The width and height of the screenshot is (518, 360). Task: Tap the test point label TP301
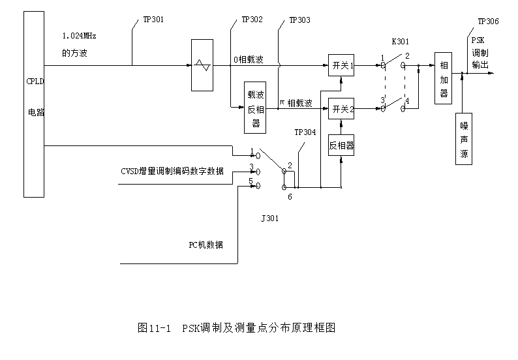[153, 20]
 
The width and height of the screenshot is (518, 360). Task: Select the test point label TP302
[252, 20]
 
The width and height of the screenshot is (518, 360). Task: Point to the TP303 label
[299, 20]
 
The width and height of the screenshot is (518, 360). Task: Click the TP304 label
[305, 132]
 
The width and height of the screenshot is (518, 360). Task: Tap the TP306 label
[488, 22]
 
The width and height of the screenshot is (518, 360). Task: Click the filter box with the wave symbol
[202, 65]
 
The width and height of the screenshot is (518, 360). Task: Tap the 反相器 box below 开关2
[341, 145]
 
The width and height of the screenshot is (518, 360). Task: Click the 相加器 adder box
[444, 79]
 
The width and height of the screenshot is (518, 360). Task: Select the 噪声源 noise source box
[464, 139]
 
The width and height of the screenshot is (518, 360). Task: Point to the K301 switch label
[401, 41]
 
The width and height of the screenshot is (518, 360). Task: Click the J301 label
[269, 218]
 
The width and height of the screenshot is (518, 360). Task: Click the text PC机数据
[206, 245]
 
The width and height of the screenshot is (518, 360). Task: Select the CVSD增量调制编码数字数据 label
[172, 171]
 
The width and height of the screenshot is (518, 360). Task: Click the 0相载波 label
[249, 59]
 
